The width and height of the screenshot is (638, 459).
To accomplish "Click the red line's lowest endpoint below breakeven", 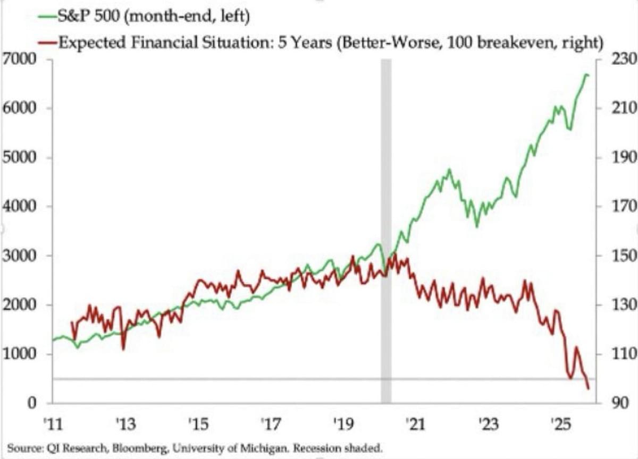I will (589, 389).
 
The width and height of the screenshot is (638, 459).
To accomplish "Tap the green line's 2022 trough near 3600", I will (476, 227).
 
